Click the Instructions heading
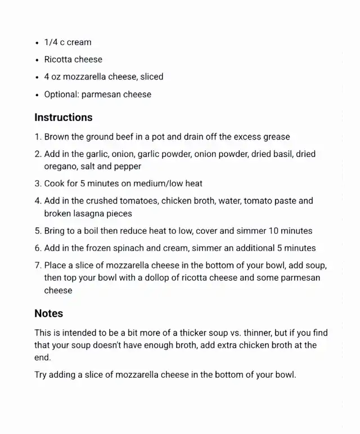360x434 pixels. pos(64,118)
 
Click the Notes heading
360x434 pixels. pos(48,314)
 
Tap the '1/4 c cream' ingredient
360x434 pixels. pos(67,42)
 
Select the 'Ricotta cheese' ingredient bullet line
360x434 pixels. pos(73,60)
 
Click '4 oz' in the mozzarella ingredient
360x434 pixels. pos(52,77)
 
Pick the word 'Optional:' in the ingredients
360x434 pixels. pos(61,95)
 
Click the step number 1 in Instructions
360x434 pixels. pos(37,137)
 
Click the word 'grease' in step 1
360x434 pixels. pos(277,137)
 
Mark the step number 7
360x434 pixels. pos(37,265)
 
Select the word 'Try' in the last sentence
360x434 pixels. pos(42,375)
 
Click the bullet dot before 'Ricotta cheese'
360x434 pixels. pos(37,60)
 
